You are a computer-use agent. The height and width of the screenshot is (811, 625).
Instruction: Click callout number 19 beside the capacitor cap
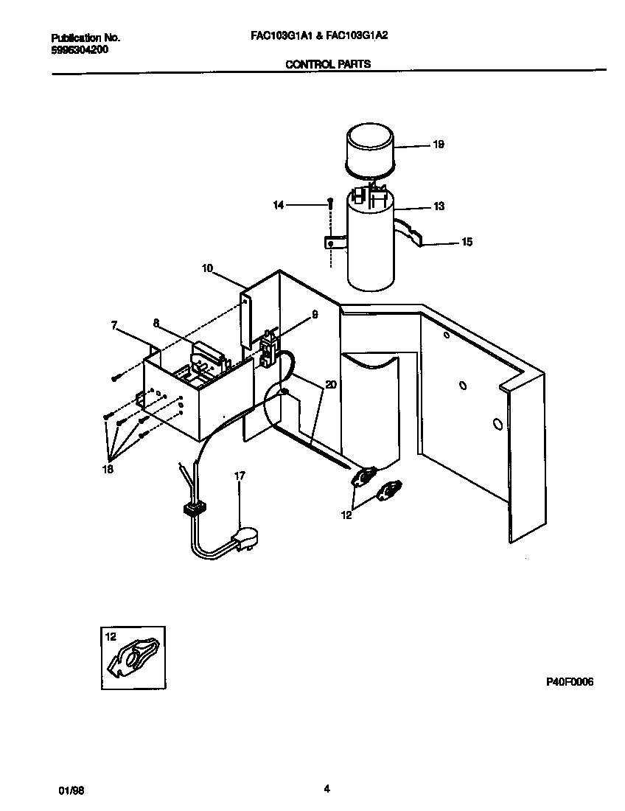click(x=439, y=145)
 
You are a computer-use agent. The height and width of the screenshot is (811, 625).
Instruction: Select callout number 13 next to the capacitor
click(x=439, y=207)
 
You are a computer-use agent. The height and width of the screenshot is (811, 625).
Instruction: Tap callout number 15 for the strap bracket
click(x=467, y=242)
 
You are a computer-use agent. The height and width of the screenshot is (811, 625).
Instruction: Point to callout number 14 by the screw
click(x=278, y=206)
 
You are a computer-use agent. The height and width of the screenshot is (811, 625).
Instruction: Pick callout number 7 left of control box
click(x=114, y=324)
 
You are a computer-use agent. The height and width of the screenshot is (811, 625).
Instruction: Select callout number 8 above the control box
click(x=156, y=322)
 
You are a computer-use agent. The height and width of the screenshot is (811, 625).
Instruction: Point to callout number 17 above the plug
click(x=240, y=476)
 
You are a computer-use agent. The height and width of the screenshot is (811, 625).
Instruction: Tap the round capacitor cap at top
click(x=371, y=147)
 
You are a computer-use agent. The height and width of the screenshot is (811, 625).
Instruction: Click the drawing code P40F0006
click(x=569, y=682)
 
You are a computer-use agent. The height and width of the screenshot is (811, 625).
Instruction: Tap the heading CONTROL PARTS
click(x=327, y=64)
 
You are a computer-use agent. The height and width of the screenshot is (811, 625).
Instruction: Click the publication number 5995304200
click(x=80, y=49)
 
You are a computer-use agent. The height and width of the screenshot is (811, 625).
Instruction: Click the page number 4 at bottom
click(x=327, y=788)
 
